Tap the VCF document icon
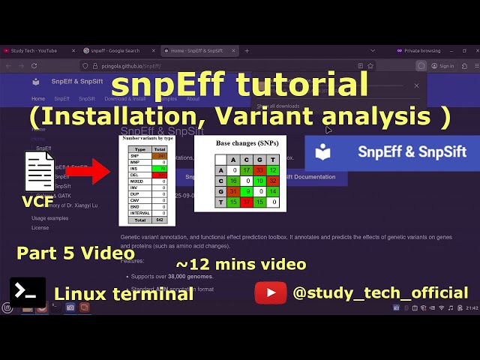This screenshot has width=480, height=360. pyautogui.click(x=39, y=172)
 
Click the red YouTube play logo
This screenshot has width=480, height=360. pyautogui.click(x=270, y=292)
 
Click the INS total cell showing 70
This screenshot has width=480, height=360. pyautogui.click(x=160, y=169)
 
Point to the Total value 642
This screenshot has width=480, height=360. pyautogui.click(x=160, y=220)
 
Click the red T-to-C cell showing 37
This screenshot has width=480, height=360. pyautogui.click(x=247, y=202)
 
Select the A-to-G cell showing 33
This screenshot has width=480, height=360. pyautogui.click(x=259, y=170)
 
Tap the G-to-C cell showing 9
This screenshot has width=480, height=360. pyautogui.click(x=247, y=191)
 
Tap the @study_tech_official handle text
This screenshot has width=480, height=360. pyautogui.click(x=380, y=293)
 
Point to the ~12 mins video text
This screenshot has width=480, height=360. pyautogui.click(x=241, y=264)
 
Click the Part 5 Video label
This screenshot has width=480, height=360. pyautogui.click(x=76, y=253)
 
